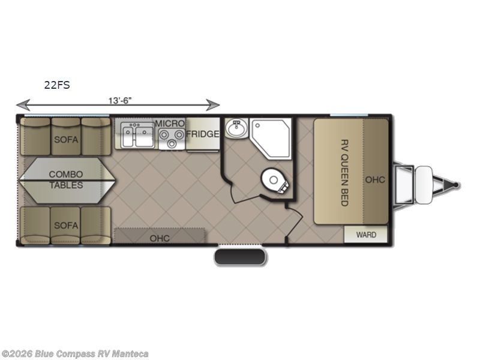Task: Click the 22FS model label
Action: (x=57, y=85)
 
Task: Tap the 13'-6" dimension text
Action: (x=120, y=100)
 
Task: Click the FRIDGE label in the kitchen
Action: (x=203, y=134)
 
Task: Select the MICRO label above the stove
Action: (x=170, y=124)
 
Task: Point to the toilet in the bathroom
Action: (x=275, y=181)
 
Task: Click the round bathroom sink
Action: (x=236, y=128)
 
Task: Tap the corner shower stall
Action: (x=271, y=139)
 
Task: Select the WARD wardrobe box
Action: (x=366, y=235)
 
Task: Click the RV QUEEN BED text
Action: (x=344, y=173)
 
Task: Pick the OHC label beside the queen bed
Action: (x=375, y=179)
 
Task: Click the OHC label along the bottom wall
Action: (x=160, y=238)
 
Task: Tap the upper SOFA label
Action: (x=66, y=140)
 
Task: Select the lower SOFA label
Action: (x=66, y=226)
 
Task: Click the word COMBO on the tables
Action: (x=66, y=174)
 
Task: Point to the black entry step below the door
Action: (x=239, y=257)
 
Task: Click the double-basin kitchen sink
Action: (x=137, y=135)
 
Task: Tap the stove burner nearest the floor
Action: (x=172, y=143)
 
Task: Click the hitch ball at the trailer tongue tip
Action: (x=456, y=185)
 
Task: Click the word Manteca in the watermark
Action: (x=130, y=354)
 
